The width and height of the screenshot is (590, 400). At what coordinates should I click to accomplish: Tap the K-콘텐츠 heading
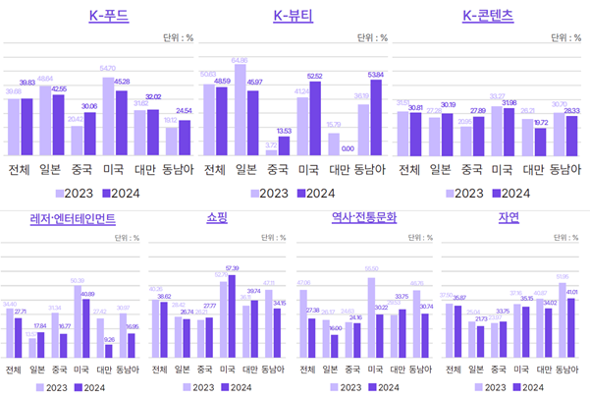487,16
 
